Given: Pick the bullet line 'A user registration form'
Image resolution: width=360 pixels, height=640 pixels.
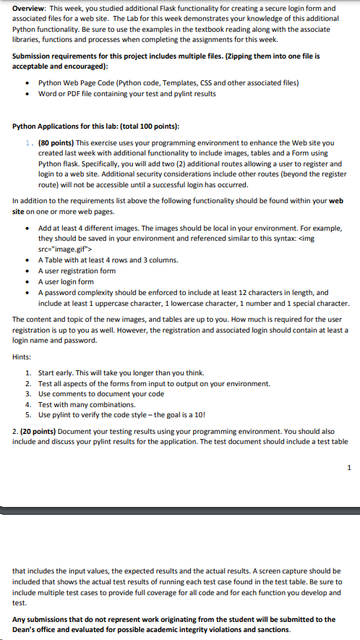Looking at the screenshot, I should tap(77, 270).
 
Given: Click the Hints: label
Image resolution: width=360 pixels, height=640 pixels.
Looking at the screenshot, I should tap(22, 357).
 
